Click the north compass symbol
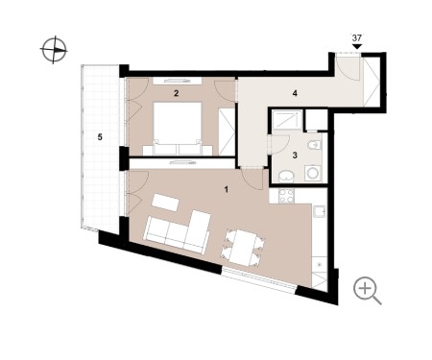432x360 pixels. (54, 50)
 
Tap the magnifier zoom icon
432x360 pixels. (367, 290)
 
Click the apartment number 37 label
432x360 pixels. (357, 38)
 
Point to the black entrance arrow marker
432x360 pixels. (357, 47)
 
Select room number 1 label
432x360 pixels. (227, 190)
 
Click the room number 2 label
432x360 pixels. (176, 93)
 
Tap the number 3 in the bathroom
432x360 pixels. (295, 156)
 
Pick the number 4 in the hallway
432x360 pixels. (295, 93)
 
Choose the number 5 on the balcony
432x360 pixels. (100, 137)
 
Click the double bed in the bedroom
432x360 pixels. (178, 129)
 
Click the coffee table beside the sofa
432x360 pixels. (165, 203)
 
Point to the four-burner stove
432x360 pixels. (286, 196)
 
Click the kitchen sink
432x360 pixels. (320, 211)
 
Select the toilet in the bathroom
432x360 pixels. (315, 146)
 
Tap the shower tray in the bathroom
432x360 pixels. (287, 120)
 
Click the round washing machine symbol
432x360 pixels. (312, 173)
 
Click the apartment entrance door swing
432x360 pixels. (348, 67)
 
